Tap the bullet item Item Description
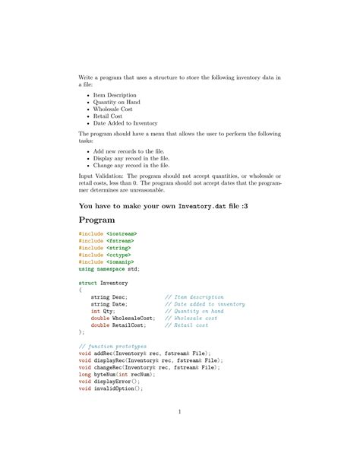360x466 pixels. tap(115, 96)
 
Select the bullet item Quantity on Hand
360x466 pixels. tap(118, 103)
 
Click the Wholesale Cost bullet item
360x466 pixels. tap(115, 109)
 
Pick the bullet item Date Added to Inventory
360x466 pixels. tap(125, 123)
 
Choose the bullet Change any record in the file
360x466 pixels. tap(131, 165)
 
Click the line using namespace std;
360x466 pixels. tap(109, 268)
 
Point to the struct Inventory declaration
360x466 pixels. tap(103, 283)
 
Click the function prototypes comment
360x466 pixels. tap(112, 346)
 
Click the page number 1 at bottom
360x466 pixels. tap(180, 413)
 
